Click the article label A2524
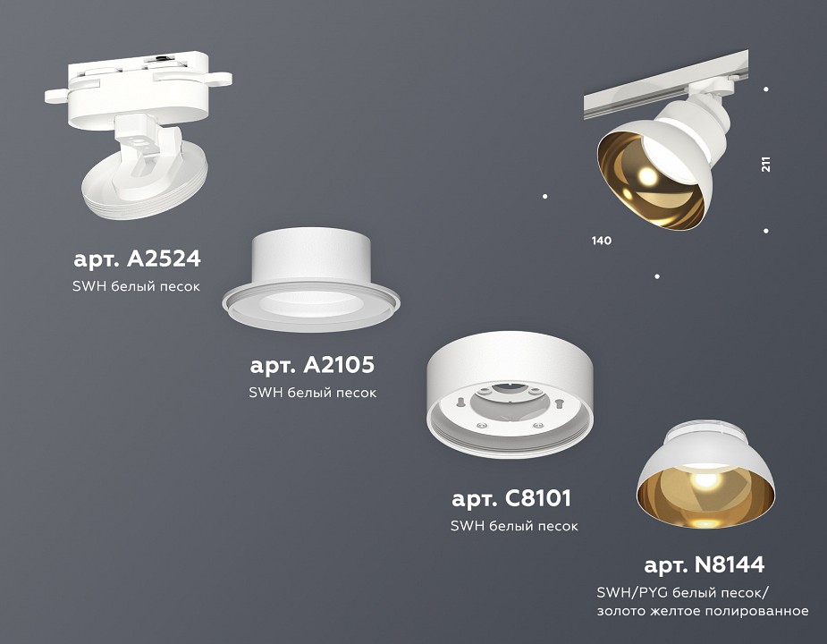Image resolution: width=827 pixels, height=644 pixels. coord(137,259)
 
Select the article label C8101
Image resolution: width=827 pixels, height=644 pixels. coord(511,497)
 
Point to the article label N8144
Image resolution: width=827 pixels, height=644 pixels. coord(705,564)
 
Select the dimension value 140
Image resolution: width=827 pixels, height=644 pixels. coord(601,241)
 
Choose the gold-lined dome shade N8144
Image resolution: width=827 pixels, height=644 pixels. coord(705,479)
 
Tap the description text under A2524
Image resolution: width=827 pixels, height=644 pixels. coord(136,287)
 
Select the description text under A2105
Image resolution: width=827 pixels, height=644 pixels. coord(313,393)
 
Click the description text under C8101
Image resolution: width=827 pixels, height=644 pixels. coord(514,526)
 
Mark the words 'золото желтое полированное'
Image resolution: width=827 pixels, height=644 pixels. coord(703,611)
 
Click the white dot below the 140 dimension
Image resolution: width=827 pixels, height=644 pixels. coord(657,276)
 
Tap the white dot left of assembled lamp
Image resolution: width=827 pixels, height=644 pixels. coord(545,196)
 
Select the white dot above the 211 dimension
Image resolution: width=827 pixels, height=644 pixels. coord(766,89)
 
